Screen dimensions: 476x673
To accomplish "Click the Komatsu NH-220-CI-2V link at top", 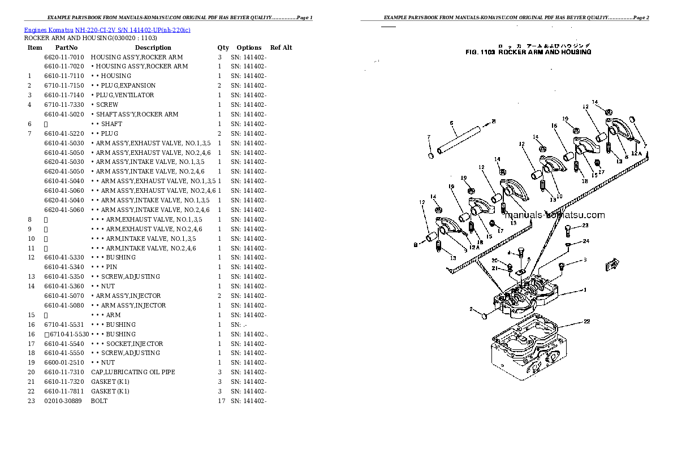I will (107, 29).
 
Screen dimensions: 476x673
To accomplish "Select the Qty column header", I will (223, 47).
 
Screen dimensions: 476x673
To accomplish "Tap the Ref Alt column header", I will (281, 47).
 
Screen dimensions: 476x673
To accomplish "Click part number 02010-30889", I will (63, 401).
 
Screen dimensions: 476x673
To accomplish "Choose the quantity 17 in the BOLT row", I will (221, 401).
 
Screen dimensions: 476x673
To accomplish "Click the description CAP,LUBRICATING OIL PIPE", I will (132, 372).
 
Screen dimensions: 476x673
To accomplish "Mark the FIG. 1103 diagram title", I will (528, 52).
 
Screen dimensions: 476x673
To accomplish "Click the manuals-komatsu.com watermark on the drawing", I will (554, 215).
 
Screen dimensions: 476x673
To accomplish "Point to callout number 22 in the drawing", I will (587, 322).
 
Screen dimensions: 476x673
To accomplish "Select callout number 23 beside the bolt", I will (585, 226).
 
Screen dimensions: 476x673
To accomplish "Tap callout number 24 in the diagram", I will (586, 241).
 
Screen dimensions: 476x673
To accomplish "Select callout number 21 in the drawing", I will (494, 268).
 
